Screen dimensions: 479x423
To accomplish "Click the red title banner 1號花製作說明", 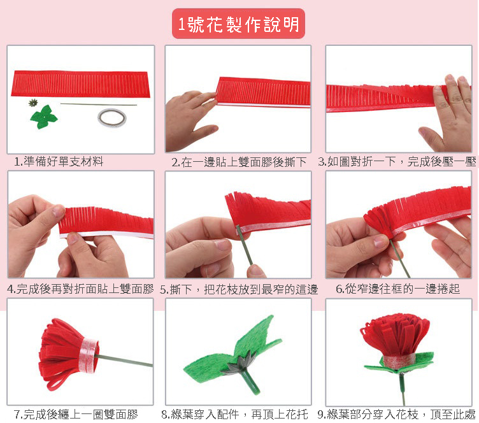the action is (238, 24).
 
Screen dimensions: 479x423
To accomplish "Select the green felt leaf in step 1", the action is (44, 117).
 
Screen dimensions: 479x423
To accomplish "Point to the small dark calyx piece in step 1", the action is (32, 103).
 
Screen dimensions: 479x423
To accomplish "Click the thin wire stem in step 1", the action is (98, 104).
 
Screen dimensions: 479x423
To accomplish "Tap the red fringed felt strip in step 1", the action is (81, 84).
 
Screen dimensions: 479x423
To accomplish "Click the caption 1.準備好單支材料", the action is (59, 162).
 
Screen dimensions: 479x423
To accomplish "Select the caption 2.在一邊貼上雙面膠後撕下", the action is (239, 162).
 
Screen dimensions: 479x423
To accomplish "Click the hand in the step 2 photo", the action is (189, 119).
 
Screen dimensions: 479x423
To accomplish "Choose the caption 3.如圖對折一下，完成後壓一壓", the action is (397, 162).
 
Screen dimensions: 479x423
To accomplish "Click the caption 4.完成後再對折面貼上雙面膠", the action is (80, 289).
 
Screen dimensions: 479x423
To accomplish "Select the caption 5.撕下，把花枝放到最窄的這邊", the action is (239, 289).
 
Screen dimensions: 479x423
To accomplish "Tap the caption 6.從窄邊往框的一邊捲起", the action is (397, 289).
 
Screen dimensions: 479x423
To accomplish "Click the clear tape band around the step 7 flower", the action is (89, 355).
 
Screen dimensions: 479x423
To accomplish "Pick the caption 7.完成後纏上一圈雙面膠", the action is (76, 415).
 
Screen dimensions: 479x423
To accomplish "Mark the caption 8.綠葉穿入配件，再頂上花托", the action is (234, 415).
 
